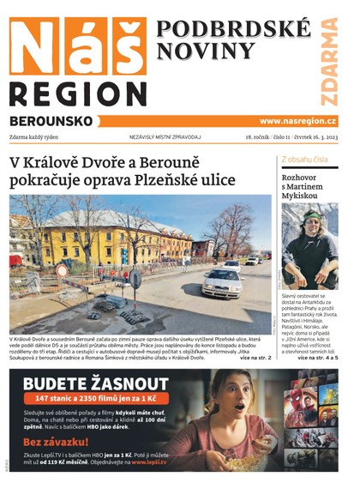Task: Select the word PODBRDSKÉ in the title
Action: coord(233,29)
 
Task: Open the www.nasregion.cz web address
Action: coord(297,121)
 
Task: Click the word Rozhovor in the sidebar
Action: coord(303,178)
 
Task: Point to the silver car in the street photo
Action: coord(221,281)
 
